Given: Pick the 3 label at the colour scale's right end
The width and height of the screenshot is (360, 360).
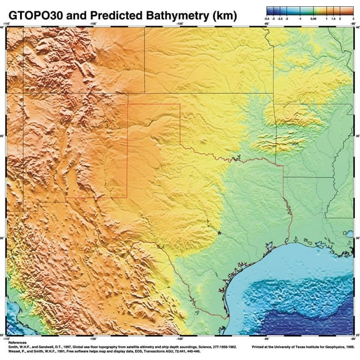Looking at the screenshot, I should click(353, 19).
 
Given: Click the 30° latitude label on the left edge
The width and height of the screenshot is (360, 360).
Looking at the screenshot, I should click(2, 238).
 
